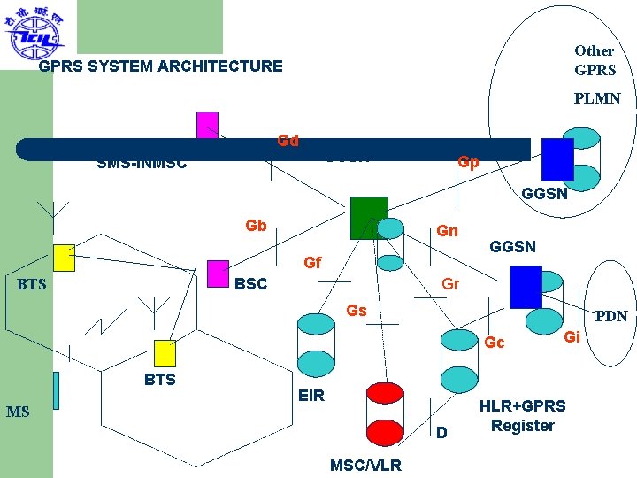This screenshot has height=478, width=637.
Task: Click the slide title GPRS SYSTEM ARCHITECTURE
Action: point(161,66)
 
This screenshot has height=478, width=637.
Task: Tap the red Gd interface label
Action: point(288,141)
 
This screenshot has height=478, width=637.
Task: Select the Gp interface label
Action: point(468,163)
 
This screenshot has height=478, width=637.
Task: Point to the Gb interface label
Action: point(256,226)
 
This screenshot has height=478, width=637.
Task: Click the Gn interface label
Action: point(448,231)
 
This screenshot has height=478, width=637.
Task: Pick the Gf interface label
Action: point(312,263)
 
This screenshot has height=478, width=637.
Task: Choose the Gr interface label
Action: point(450,285)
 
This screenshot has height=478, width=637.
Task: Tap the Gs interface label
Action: point(357,311)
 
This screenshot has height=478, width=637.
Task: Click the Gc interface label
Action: point(495,343)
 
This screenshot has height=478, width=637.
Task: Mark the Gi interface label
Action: point(572,336)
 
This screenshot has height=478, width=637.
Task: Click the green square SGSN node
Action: point(369,218)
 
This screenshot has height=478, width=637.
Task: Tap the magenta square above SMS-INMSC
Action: point(207,124)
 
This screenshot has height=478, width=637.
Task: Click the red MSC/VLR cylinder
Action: point(385,414)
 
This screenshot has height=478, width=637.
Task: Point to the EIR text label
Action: point(311,396)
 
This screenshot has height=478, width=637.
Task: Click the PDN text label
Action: point(611,316)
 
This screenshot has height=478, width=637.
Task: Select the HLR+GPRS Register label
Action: point(522,415)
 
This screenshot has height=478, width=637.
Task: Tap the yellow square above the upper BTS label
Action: point(64,258)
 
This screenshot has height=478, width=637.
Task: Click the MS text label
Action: point(18,412)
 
